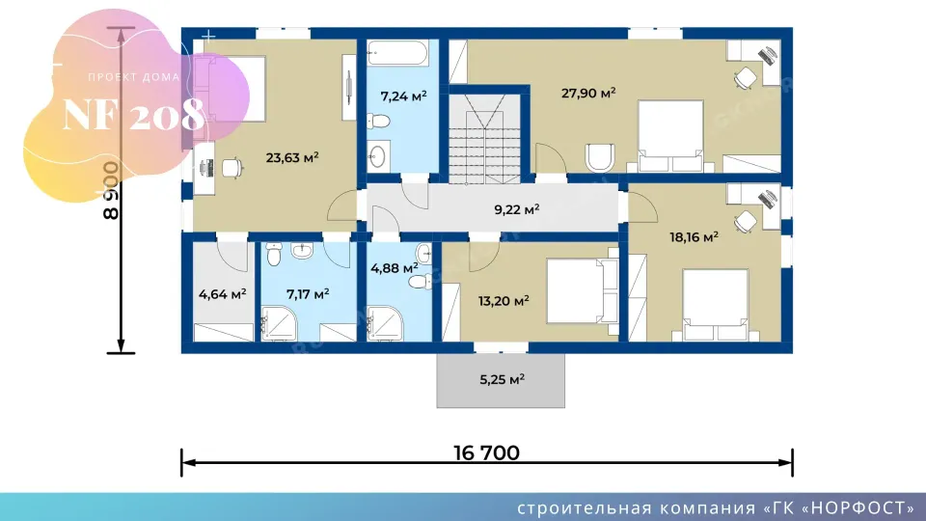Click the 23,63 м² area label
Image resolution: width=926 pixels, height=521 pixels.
point(292,157)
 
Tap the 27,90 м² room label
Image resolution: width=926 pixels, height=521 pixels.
point(588,93)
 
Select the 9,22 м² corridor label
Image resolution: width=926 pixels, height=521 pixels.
point(517,209)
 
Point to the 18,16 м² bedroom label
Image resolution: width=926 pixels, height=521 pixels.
point(694,237)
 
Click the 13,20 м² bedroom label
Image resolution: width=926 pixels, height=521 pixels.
point(504,301)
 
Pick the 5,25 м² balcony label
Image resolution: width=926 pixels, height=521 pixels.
point(502,379)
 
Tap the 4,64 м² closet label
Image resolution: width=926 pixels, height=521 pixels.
point(222,293)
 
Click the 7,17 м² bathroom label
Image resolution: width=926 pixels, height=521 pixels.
point(308,293)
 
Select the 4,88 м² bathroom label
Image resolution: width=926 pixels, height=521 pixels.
point(394,268)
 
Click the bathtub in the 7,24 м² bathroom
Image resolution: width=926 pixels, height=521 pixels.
point(397,52)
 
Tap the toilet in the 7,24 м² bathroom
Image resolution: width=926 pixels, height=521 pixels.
point(378,122)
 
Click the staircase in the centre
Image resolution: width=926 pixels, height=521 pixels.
point(485,139)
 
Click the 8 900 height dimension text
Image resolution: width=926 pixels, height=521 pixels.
point(111,191)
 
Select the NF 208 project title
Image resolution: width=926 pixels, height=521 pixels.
point(133,114)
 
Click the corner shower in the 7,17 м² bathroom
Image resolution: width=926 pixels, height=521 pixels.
point(280,324)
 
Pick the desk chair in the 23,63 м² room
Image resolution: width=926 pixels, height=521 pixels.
point(232,168)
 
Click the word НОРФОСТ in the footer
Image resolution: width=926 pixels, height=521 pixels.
point(860,508)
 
